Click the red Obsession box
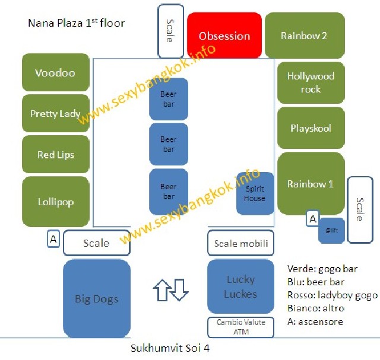pos(224,36)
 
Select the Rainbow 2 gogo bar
pos(304,36)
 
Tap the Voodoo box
pos(55,73)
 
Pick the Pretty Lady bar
pos(55,114)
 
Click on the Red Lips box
pos(55,155)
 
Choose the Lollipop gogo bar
pos(55,202)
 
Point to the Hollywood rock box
pos(311,83)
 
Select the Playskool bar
pos(311,128)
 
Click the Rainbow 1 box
pos(311,184)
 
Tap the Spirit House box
pos(255,193)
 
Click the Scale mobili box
pos(240,243)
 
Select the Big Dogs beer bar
pos(97,298)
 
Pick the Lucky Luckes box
pos(240,287)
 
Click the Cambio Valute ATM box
pos(240,327)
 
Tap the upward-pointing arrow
pos(161,289)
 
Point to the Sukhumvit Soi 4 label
pos(170,348)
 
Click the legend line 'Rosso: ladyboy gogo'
pos(332,295)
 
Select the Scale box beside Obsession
pos(169,31)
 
